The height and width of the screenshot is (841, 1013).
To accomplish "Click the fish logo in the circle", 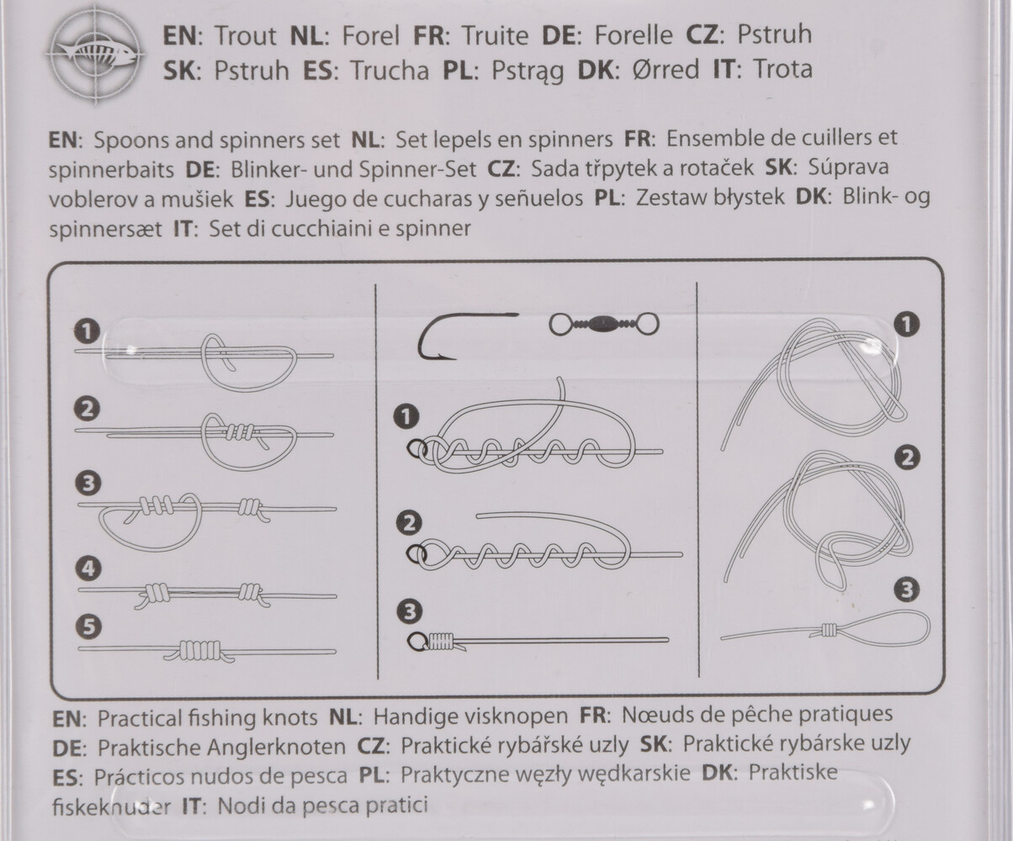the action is click(x=97, y=54).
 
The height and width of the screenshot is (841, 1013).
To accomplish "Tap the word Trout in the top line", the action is click(x=246, y=36).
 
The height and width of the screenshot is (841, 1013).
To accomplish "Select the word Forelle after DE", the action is click(x=634, y=35).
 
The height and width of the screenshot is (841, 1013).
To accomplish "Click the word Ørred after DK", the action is click(x=666, y=69).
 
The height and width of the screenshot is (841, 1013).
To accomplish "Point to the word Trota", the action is click(x=782, y=69).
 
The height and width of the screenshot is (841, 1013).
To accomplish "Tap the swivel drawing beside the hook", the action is click(x=604, y=325).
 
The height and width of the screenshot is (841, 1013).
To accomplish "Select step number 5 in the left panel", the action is click(x=89, y=627).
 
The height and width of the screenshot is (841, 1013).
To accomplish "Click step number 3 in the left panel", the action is click(x=89, y=484).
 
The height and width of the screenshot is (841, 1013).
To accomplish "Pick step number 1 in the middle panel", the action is click(x=406, y=417).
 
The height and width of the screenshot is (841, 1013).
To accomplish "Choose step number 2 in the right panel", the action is click(x=907, y=458).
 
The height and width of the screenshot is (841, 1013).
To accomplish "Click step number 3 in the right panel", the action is click(x=907, y=590).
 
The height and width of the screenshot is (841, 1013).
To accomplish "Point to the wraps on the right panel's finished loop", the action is click(x=829, y=630).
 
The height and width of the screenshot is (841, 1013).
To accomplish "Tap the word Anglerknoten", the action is click(x=276, y=747).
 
